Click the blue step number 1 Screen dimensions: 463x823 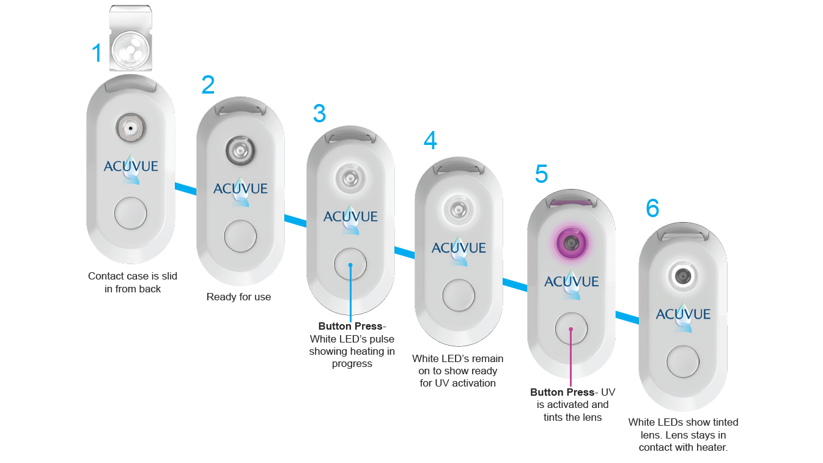click(x=97, y=54)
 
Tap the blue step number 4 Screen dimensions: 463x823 click(x=430, y=141)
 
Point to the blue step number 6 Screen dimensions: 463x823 click(x=652, y=209)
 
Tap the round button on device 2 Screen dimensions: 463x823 click(x=240, y=237)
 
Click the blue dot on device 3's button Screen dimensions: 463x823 click(x=351, y=265)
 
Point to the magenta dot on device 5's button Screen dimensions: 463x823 click(x=571, y=329)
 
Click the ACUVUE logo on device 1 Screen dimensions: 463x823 click(x=131, y=166)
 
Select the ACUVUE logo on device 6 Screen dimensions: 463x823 click(x=683, y=314)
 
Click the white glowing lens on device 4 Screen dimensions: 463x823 click(x=459, y=208)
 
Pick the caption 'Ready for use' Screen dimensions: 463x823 click(x=238, y=297)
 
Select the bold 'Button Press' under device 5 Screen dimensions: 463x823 click(x=562, y=392)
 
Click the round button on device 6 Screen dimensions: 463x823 click(x=683, y=361)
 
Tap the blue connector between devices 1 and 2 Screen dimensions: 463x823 click(x=186, y=190)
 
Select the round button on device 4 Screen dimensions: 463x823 click(x=459, y=295)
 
